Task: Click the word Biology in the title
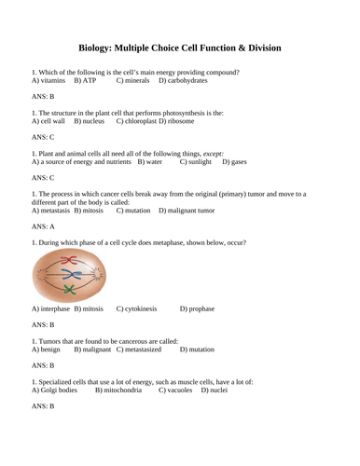coord(98,48)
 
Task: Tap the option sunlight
coord(195,161)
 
